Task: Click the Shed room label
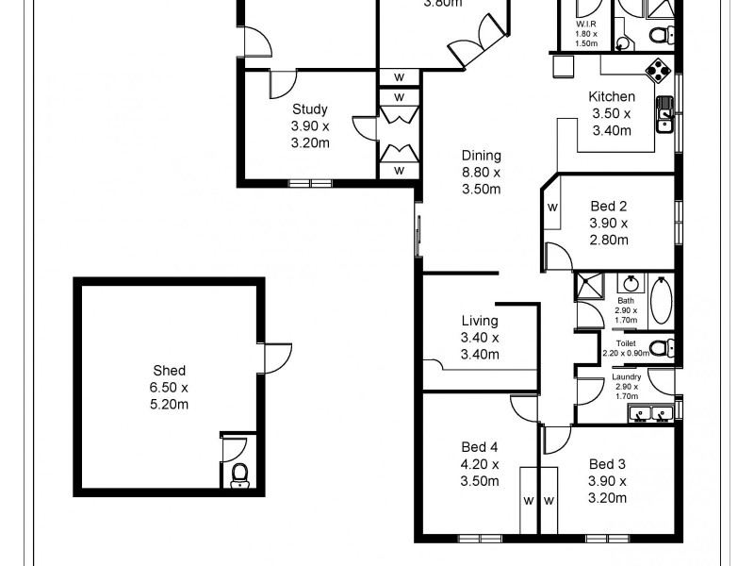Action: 170,371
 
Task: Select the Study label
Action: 309,108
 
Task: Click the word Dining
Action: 481,156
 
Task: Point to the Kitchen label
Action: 612,96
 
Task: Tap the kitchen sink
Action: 666,112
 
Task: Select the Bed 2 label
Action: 608,207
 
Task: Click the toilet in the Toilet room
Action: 662,348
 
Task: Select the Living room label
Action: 480,322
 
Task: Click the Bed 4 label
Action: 480,447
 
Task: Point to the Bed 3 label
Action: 608,464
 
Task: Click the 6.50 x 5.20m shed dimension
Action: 170,396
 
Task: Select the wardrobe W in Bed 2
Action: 552,207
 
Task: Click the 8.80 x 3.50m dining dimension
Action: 481,181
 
